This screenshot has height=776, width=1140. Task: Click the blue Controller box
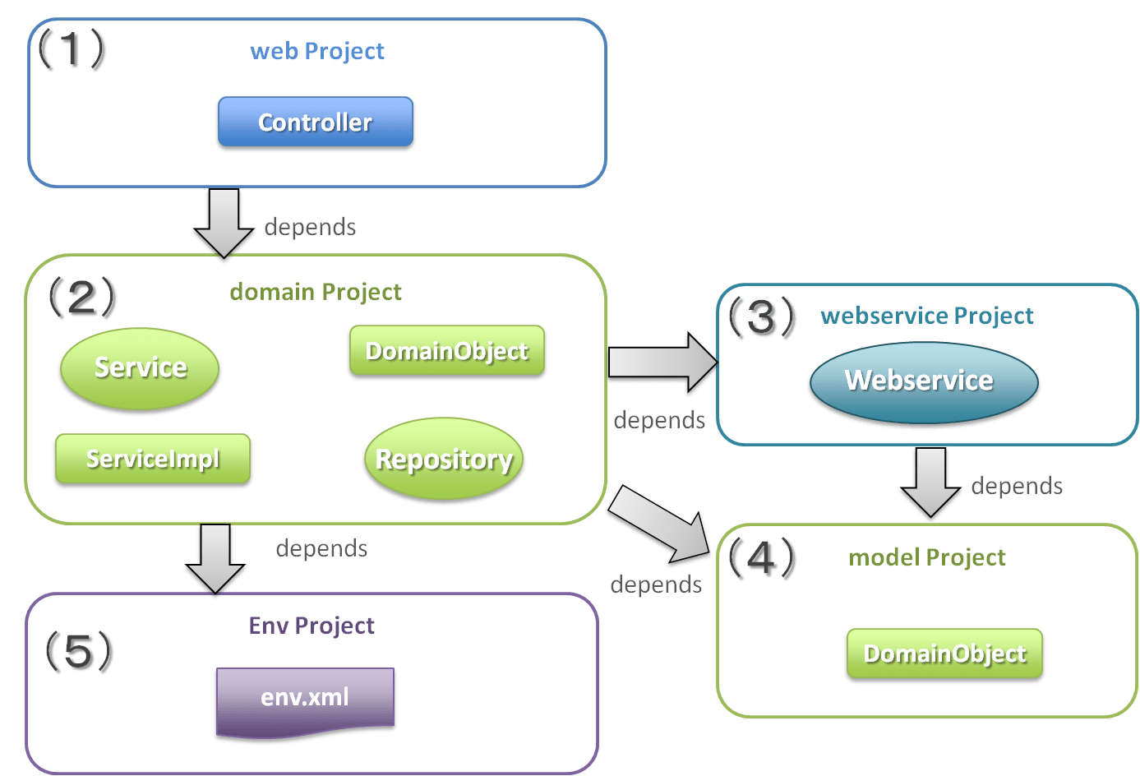click(316, 122)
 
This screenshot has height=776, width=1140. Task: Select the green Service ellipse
click(140, 367)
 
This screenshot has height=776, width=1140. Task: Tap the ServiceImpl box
click(153, 459)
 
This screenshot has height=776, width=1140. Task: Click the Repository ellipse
click(444, 459)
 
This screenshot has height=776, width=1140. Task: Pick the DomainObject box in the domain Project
click(447, 351)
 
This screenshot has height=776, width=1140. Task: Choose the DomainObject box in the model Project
click(944, 654)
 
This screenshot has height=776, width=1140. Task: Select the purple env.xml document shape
click(305, 700)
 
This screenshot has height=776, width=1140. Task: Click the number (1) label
click(72, 49)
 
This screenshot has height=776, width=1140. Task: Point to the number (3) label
click(764, 318)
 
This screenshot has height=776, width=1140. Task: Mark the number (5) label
click(78, 651)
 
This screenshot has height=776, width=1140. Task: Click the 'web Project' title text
click(317, 51)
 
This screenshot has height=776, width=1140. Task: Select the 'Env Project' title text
click(312, 626)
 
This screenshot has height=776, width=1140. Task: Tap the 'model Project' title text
click(926, 557)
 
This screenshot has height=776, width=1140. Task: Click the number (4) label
click(762, 557)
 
